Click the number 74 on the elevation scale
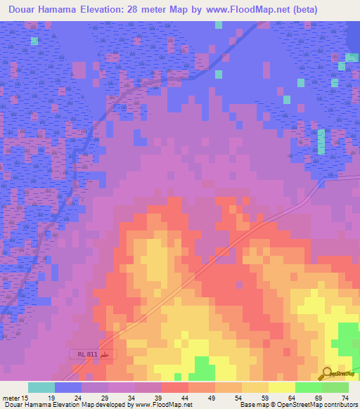pyautogui.click(x=345, y=398)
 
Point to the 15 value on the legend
pyautogui.click(x=25, y=398)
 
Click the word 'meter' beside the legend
pyautogui.click(x=11, y=398)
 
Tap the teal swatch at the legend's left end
pyautogui.click(x=41, y=387)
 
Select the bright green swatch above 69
pyautogui.click(x=308, y=387)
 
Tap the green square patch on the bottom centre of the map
pyautogui.click(x=204, y=368)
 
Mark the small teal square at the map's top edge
pyautogui.click(x=219, y=25)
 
